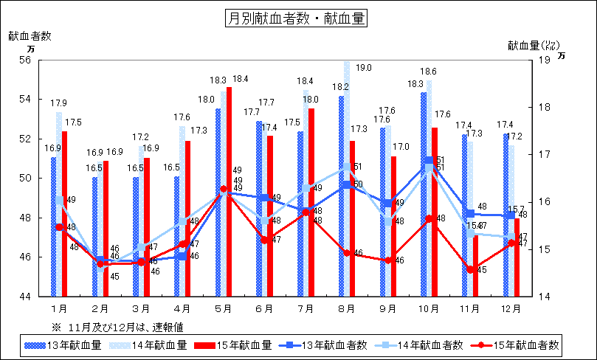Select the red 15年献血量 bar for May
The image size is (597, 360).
pos(229,192)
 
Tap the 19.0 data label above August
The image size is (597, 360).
pos(363,68)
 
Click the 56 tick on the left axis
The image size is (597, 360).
pos(26,60)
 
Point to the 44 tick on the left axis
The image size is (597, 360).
pos(26,297)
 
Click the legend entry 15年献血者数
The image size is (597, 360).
pos(519,345)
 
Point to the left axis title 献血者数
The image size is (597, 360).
pos(30,35)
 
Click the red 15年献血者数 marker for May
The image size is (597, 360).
pos(224,189)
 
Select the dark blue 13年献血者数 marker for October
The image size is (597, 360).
pos(429,160)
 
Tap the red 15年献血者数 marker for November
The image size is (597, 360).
pos(470,269)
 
